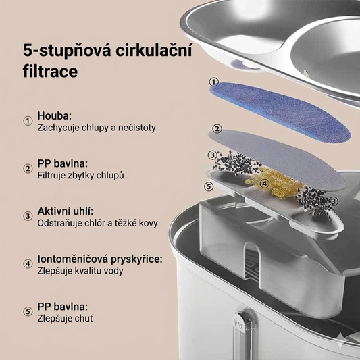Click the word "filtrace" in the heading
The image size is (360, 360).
pos(50,71)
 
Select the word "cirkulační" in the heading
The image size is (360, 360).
pos(154,49)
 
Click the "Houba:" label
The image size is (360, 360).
pos(55,115)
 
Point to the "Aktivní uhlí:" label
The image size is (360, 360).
pos(66,211)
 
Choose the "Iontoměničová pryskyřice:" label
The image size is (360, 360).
pos(100,259)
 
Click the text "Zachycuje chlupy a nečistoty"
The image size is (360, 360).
pos(97,128)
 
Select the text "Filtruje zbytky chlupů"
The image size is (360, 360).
pos(81,176)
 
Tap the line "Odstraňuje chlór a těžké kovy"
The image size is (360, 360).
pos(97,223)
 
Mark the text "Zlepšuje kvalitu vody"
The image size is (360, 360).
pos(80,271)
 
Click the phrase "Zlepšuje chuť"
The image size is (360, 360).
pos(66,318)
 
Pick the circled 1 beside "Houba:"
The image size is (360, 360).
pos(28,121)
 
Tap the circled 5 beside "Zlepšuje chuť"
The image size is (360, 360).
pos(28,312)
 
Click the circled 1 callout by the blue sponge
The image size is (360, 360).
pos(213,82)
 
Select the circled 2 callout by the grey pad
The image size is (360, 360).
pos(217,128)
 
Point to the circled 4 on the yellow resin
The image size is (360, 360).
pos(265,184)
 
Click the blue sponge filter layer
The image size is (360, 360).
pos(280,112)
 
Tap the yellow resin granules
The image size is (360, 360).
pos(274,182)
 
